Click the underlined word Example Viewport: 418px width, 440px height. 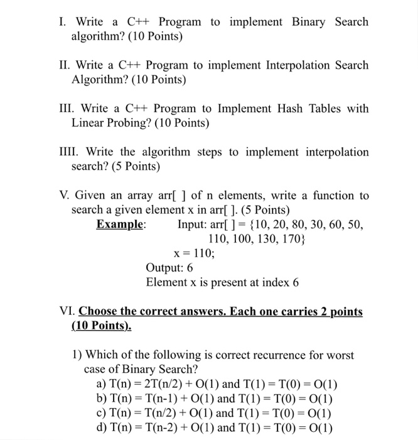[x=121, y=224]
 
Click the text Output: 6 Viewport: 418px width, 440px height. [x=169, y=268]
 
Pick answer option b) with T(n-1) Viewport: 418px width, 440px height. [x=214, y=400]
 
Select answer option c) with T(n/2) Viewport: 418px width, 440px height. [x=214, y=414]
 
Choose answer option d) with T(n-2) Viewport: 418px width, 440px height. [x=214, y=428]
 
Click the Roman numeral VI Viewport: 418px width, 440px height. [x=67, y=312]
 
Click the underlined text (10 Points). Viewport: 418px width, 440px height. [x=102, y=326]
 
